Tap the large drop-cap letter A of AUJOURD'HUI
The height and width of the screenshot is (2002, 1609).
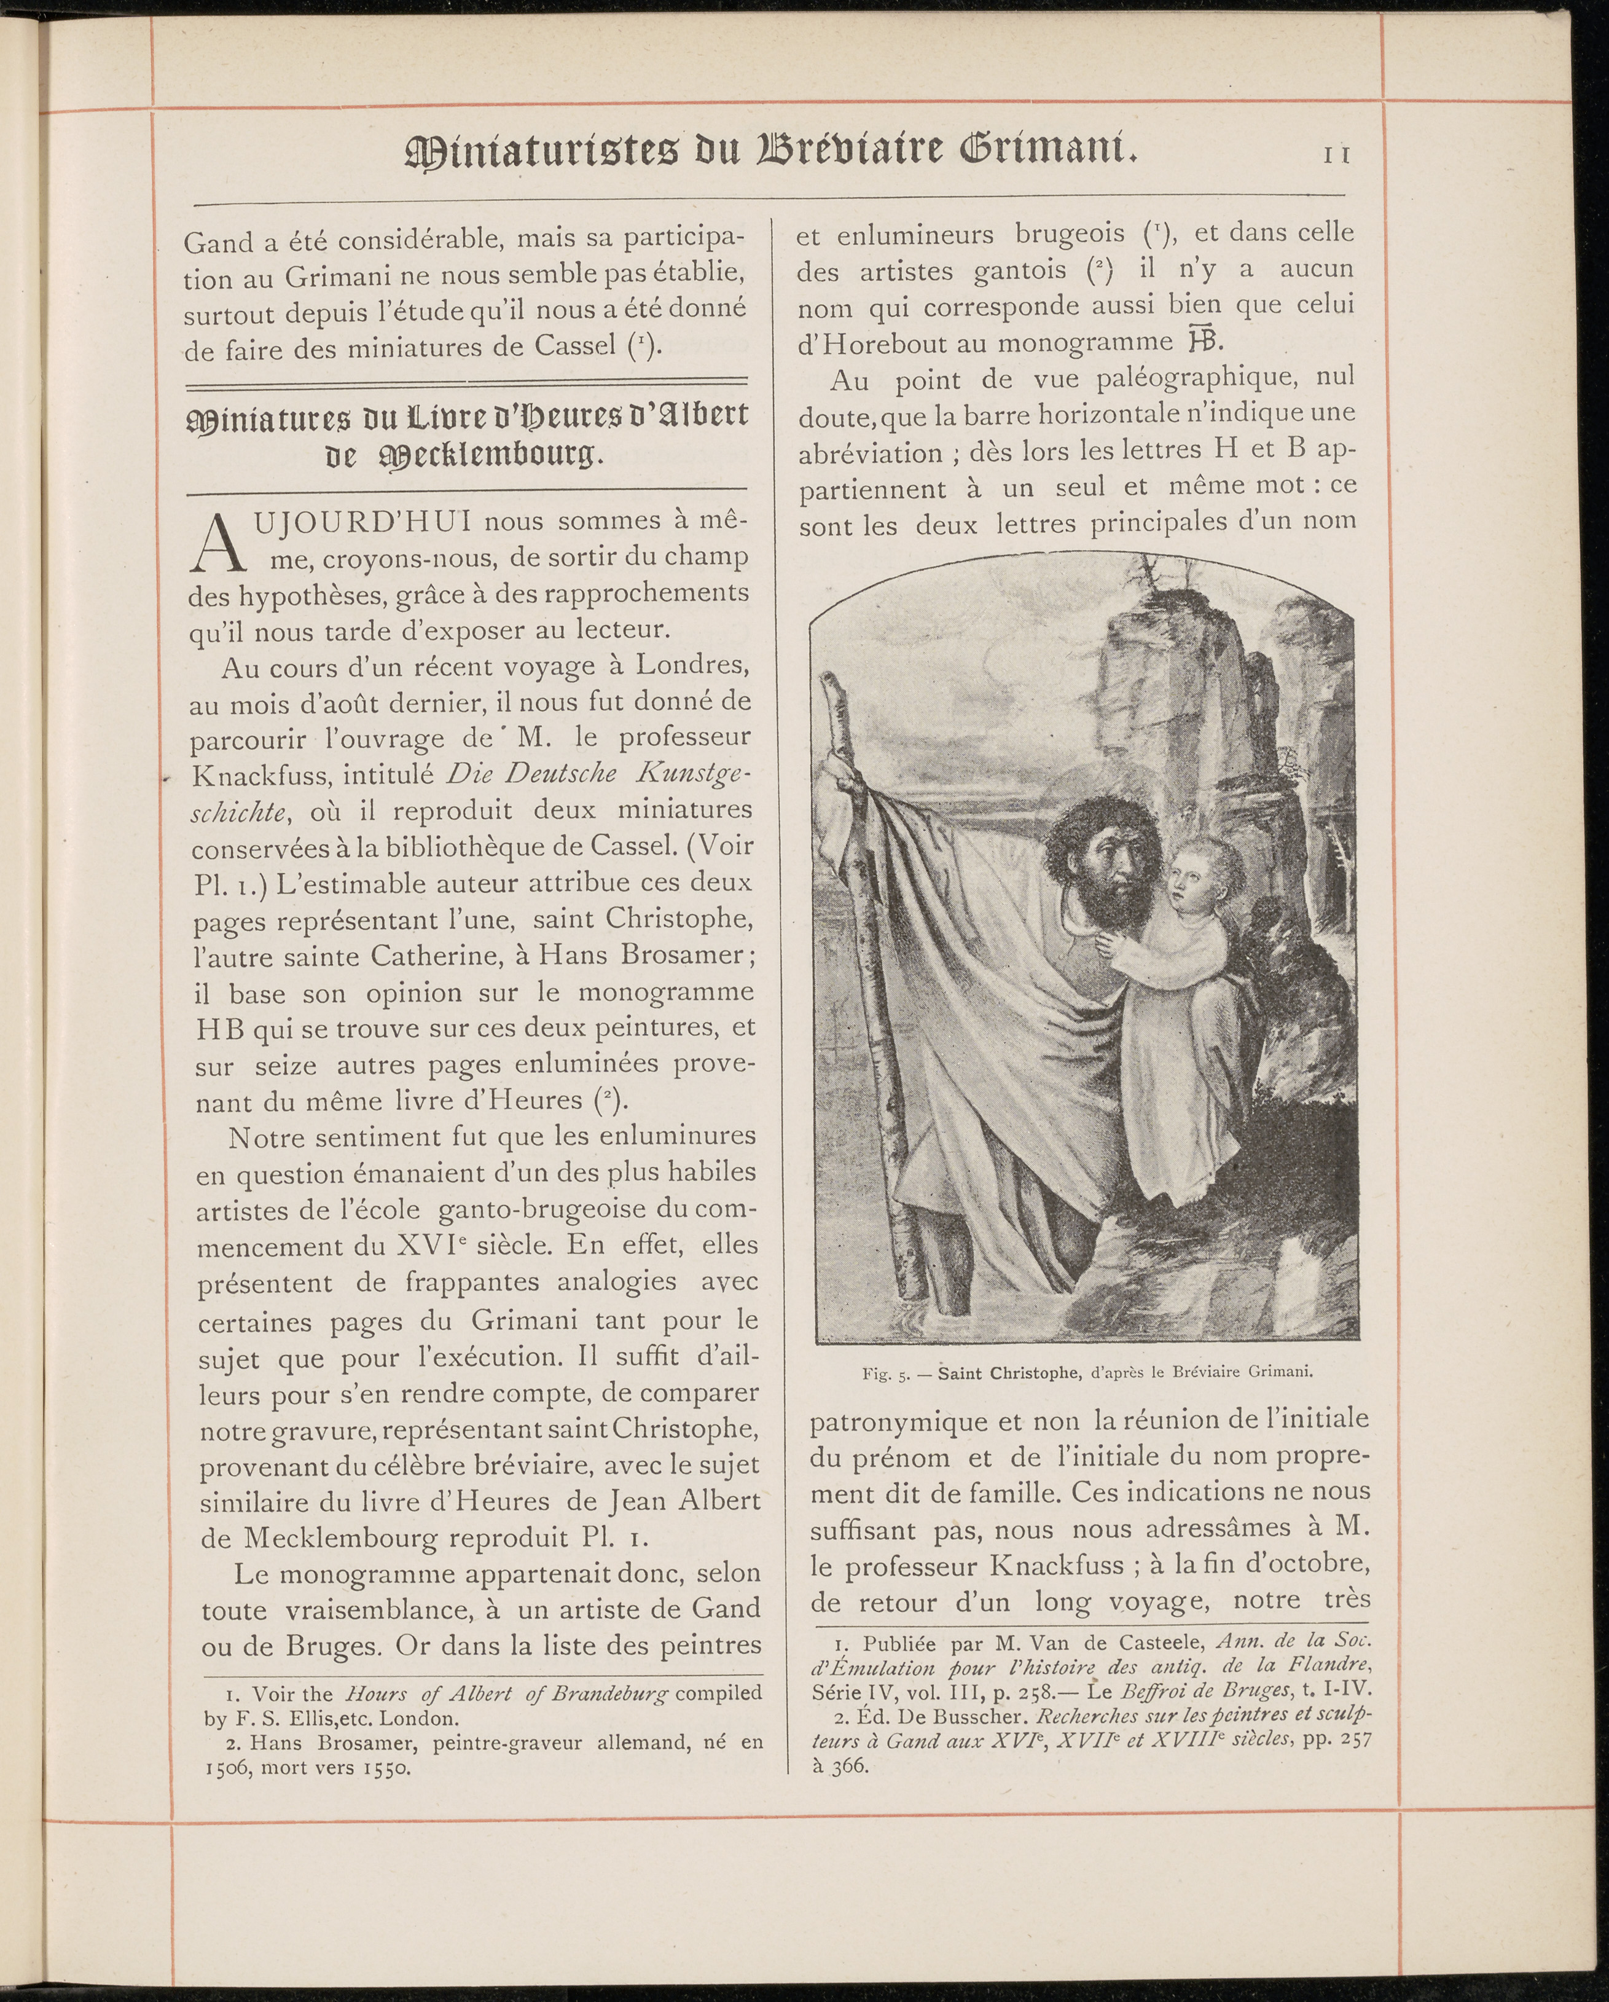[216, 543]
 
